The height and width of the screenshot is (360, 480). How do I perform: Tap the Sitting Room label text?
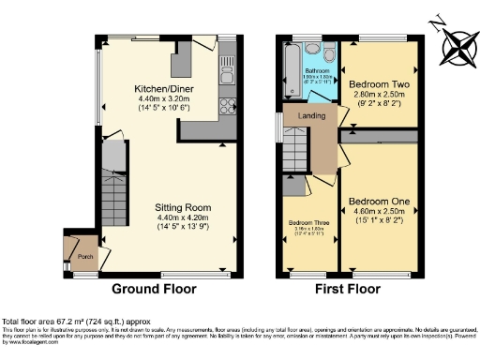[184, 207]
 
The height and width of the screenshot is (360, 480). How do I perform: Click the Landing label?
[312, 115]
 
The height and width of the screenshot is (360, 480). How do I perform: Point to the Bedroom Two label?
[378, 82]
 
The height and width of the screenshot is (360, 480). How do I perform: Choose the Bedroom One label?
[379, 202]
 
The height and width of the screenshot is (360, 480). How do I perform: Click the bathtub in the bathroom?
[288, 70]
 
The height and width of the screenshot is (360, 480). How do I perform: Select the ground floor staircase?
[115, 201]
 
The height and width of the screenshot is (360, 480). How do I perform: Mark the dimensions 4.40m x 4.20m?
[184, 218]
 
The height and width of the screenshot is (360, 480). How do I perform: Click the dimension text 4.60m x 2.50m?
[379, 213]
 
